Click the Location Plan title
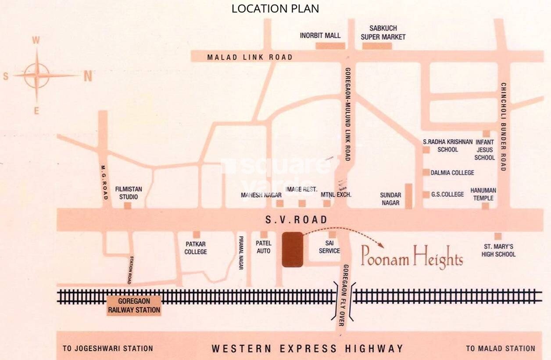[275, 8]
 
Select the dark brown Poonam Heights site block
[292, 249]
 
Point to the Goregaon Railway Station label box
[134, 306]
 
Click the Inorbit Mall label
[320, 36]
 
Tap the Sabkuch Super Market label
[383, 32]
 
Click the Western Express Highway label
[307, 349]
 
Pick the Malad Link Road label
[250, 57]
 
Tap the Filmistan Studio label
[129, 193]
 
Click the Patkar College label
[196, 248]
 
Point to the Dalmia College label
[452, 173]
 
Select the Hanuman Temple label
[483, 194]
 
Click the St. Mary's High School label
[498, 250]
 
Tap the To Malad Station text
[500, 349]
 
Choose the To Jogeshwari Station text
[107, 349]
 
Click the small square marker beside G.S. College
[426, 194]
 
